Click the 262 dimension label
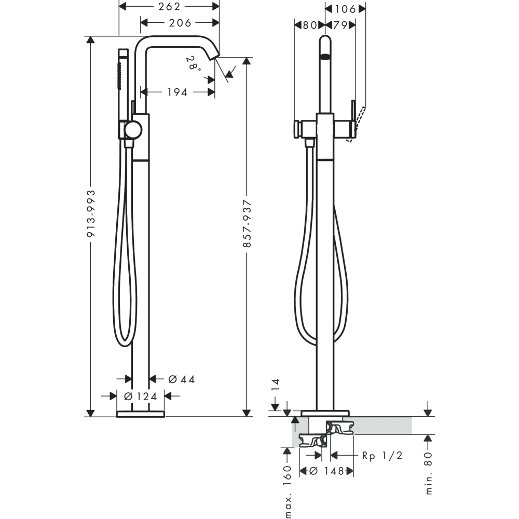coord(169,6)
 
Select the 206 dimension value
coord(180,23)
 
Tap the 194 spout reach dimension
coord(177,92)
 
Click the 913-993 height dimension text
coord(91,213)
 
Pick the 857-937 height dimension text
coord(247,223)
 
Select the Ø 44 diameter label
coord(181,379)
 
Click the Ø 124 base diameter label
coord(141,396)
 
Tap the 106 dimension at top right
coord(346,9)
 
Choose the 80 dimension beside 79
coord(310,25)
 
